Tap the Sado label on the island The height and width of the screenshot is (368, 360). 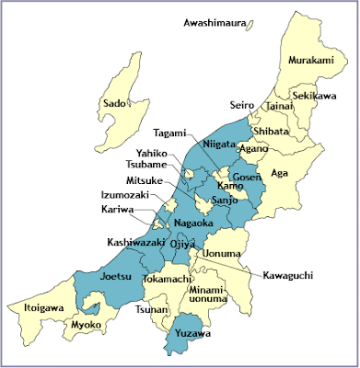114,104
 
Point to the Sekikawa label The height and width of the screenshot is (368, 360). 316,95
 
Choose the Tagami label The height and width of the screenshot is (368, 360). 169,132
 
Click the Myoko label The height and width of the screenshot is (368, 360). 85,325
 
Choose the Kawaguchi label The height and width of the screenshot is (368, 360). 287,275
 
